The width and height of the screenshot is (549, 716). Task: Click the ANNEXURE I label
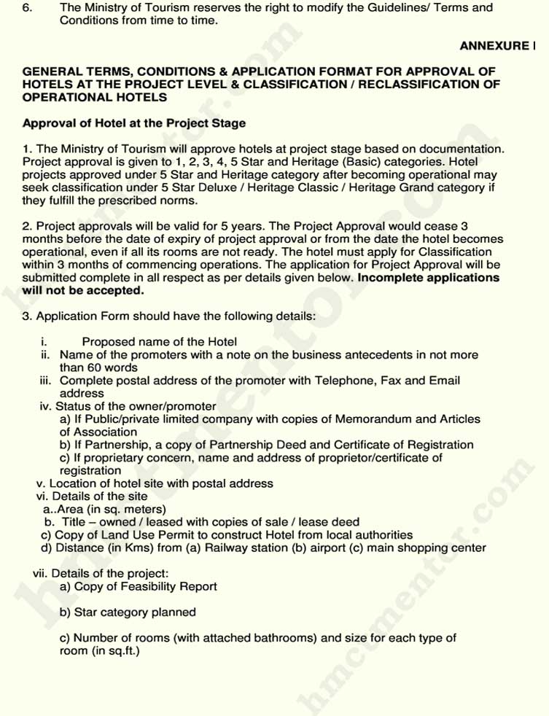click(498, 46)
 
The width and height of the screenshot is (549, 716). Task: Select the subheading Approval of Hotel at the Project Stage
click(134, 122)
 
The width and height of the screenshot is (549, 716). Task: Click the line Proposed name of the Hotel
click(159, 341)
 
